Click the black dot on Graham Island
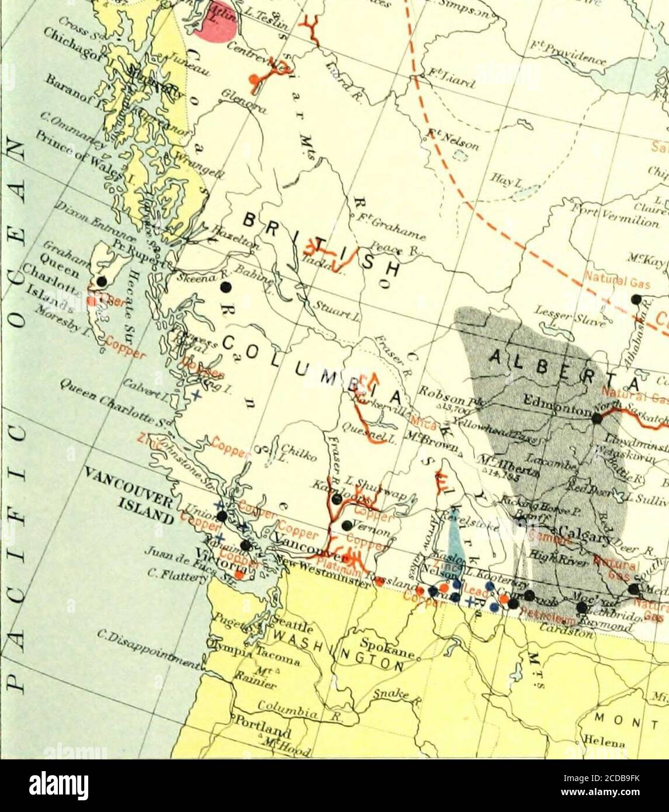click(x=102, y=281)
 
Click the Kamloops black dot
click(x=337, y=499)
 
